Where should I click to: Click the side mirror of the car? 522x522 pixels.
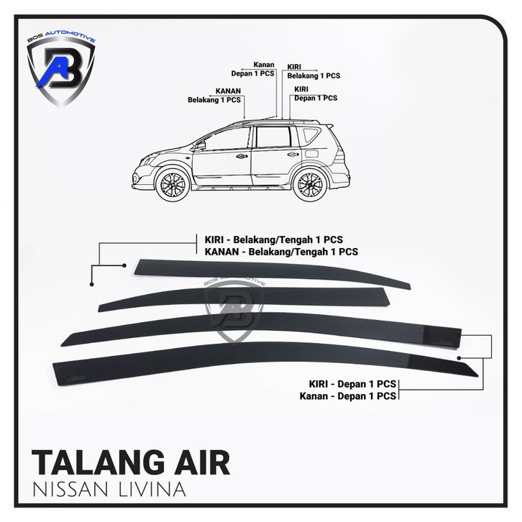[200, 145]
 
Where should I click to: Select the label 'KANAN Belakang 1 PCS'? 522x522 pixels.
[214, 96]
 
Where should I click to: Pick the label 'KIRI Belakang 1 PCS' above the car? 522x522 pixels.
[313, 70]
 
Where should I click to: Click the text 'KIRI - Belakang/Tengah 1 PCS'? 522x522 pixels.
[275, 239]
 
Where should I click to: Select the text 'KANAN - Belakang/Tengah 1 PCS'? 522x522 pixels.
[277, 252]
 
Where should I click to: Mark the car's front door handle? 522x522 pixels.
[242, 156]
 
